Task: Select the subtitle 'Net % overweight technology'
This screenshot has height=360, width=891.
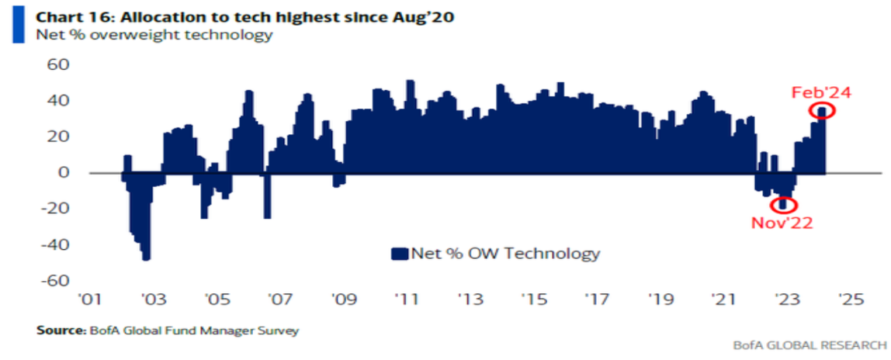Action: coord(154,35)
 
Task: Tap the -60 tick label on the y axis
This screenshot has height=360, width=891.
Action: coord(54,282)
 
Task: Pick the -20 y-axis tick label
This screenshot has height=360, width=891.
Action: coord(54,209)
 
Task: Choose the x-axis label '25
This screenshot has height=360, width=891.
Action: coord(850,299)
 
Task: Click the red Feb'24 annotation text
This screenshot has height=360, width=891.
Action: coord(822,92)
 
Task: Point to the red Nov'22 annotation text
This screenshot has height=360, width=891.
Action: coord(782,223)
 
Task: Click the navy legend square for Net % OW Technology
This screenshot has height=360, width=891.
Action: coord(400,253)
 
